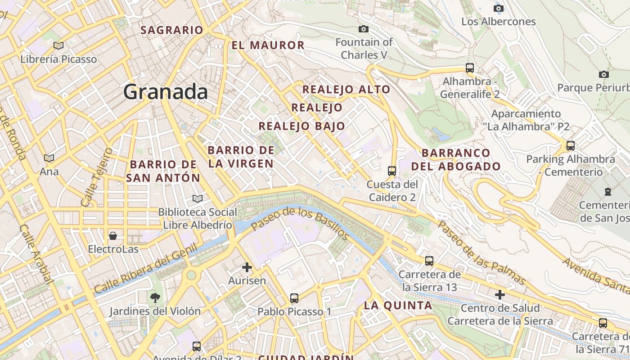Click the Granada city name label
[x=166, y=92]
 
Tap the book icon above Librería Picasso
[x=58, y=45]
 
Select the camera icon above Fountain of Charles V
[x=364, y=29]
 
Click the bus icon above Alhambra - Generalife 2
[x=470, y=68]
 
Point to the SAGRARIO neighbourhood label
[x=172, y=30]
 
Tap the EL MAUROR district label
[x=268, y=45]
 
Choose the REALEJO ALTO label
[x=346, y=89]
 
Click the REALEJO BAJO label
[x=302, y=126]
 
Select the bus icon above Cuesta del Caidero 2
[x=392, y=171]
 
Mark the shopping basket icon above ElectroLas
[x=113, y=236]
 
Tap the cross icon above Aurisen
[x=247, y=267]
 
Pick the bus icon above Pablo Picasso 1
[x=294, y=298]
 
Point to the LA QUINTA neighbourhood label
[x=398, y=306]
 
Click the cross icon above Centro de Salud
[x=500, y=295]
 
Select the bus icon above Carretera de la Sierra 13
[x=429, y=261]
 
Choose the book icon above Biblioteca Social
[x=197, y=198]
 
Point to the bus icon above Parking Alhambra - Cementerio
[x=571, y=146]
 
